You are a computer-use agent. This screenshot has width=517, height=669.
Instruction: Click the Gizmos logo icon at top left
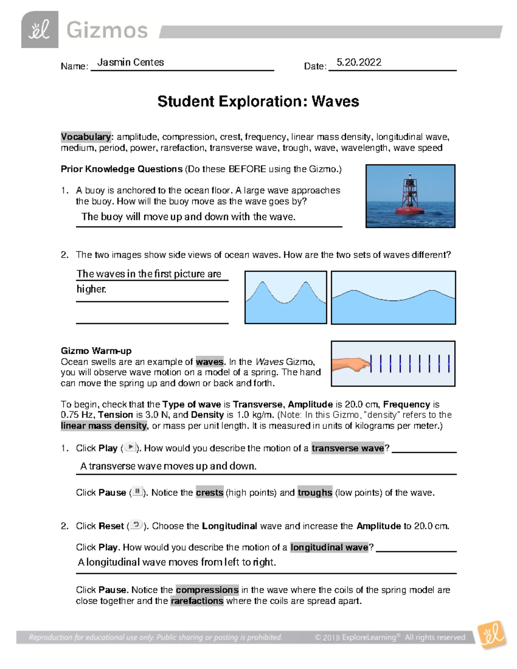tap(40, 30)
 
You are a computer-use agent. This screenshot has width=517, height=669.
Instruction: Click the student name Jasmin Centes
tap(131, 62)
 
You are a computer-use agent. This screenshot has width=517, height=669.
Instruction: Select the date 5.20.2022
tap(358, 62)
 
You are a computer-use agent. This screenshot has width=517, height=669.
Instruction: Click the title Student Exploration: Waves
tap(258, 102)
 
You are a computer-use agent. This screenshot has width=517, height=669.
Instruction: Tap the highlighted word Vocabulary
tap(86, 137)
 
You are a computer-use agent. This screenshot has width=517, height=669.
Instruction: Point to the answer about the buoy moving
tap(188, 217)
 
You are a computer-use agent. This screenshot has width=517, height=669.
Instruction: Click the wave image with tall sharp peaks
tap(286, 297)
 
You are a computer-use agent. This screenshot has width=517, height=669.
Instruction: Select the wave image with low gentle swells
tap(393, 297)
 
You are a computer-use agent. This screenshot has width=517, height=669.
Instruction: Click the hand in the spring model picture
tap(352, 364)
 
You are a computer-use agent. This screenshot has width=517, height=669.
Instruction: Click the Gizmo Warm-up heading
tap(96, 351)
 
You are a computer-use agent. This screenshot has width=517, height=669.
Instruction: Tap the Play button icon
tap(130, 448)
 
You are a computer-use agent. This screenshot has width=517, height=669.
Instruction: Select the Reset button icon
tap(136, 525)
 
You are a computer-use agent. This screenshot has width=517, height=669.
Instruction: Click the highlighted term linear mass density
tap(103, 426)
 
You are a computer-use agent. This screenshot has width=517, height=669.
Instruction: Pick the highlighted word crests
tap(209, 492)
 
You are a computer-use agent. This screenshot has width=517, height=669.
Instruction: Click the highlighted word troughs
tap(315, 492)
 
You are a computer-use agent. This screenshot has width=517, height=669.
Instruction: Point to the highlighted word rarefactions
tap(197, 601)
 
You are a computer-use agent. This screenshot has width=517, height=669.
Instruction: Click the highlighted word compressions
tap(207, 590)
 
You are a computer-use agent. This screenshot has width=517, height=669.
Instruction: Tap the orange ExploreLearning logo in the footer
tap(492, 635)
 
